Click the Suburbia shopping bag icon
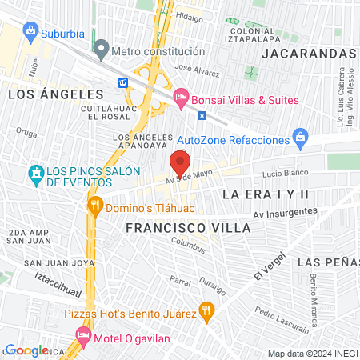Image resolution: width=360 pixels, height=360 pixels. point(30,32)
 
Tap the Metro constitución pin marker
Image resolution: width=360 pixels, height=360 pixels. point(101,50)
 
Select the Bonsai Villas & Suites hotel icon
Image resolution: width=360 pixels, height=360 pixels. point(181,99)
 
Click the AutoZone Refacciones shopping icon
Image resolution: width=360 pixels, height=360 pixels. point(300,139)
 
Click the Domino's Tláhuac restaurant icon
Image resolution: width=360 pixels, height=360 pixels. point(95,205)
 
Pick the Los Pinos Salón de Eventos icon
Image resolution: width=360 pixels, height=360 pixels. point(35,173)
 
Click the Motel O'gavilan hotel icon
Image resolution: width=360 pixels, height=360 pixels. point(82,334)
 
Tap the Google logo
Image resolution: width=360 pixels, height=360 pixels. point(26,350)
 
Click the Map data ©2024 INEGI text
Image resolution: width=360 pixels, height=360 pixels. point(312,354)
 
